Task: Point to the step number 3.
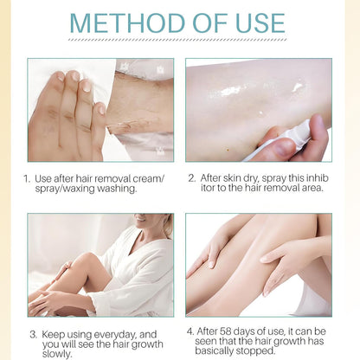[32, 332]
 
